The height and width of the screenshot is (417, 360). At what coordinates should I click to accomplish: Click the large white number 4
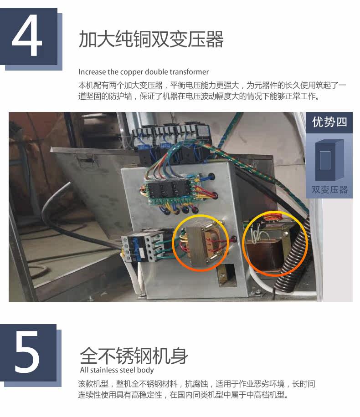pyautogui.click(x=27, y=36)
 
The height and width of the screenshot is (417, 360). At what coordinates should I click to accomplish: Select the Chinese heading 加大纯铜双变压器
pyautogui.click(x=151, y=39)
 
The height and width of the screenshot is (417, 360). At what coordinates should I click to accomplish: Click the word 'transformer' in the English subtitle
pyautogui.click(x=189, y=72)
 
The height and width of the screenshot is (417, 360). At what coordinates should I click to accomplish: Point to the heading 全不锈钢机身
pyautogui.click(x=134, y=356)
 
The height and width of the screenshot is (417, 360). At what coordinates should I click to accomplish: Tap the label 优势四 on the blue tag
pyautogui.click(x=329, y=122)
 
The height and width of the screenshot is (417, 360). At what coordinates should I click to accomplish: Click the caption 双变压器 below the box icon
pyautogui.click(x=329, y=190)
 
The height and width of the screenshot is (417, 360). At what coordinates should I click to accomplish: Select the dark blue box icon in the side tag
pyautogui.click(x=329, y=160)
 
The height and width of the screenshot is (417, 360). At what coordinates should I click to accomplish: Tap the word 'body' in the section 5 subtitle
pyautogui.click(x=146, y=370)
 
